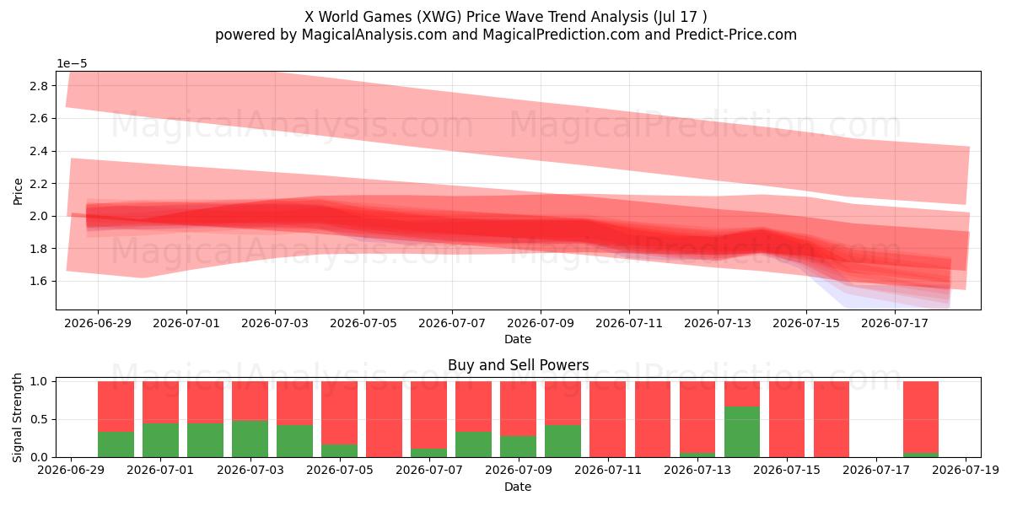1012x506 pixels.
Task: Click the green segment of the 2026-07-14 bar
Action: tap(742, 432)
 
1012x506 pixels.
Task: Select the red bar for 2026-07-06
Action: tap(384, 419)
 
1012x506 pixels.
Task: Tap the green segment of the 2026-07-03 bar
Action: tap(250, 439)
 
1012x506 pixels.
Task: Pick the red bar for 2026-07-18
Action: tap(921, 417)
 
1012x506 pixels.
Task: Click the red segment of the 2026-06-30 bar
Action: tap(116, 406)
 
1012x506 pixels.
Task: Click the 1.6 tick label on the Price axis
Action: tap(39, 281)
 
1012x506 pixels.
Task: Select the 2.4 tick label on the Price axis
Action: tap(39, 151)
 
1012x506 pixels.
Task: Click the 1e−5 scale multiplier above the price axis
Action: tap(72, 64)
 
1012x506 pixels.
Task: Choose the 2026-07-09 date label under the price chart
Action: tap(541, 324)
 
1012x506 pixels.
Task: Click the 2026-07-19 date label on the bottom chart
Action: tap(966, 470)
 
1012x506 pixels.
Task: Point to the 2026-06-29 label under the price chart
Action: tap(98, 324)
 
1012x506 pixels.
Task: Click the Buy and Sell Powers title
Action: tap(518, 365)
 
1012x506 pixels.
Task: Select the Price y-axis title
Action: tap(18, 191)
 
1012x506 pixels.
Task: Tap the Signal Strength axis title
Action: tap(17, 418)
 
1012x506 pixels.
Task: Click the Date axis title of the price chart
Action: tap(518, 339)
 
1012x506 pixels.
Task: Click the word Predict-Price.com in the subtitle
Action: tap(736, 35)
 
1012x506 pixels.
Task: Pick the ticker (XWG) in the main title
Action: tap(439, 17)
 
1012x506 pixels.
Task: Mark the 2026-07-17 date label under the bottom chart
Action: tap(876, 470)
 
